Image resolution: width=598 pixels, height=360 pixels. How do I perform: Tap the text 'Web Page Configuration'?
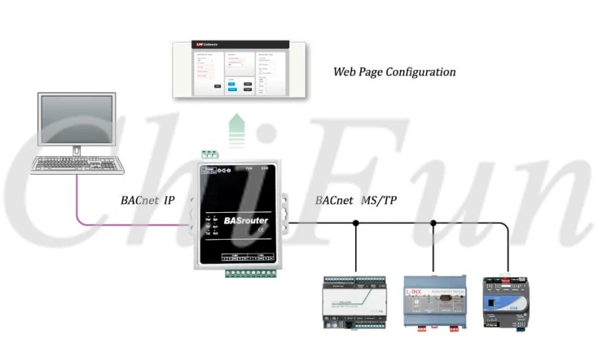(x=394, y=72)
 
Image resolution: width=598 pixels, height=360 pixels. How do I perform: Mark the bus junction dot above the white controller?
(x=356, y=223)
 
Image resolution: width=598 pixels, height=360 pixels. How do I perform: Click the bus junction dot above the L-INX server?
(x=432, y=223)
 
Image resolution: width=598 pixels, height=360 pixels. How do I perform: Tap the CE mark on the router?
(x=259, y=231)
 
